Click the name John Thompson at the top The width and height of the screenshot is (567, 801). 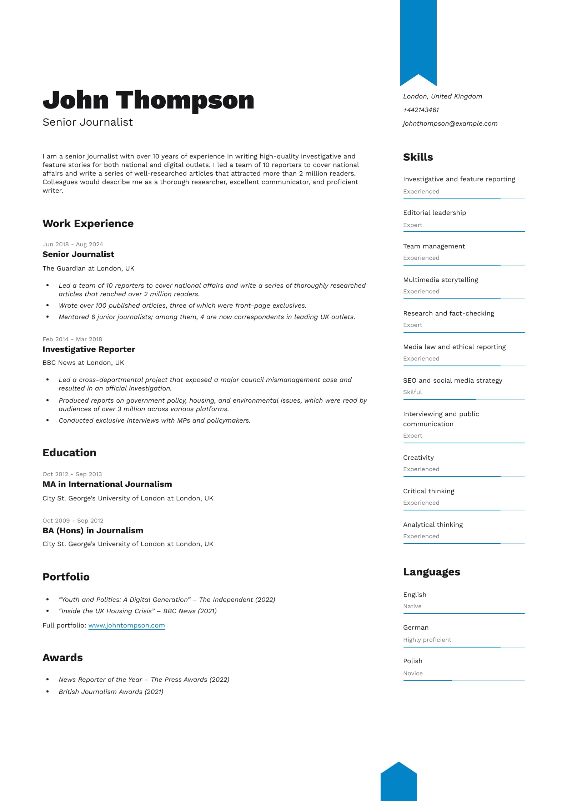(x=148, y=100)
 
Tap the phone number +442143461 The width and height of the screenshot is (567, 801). (x=421, y=110)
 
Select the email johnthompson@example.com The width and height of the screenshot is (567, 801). (x=450, y=124)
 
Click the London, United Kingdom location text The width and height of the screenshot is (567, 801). (x=442, y=96)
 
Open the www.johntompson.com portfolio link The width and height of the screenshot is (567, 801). (x=126, y=625)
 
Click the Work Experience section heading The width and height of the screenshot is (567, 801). (x=88, y=223)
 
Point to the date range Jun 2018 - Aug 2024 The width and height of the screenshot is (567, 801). (x=72, y=244)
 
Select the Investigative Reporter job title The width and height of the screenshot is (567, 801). (x=89, y=349)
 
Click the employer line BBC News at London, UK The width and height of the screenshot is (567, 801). (x=83, y=363)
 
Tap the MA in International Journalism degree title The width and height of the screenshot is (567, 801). (x=107, y=484)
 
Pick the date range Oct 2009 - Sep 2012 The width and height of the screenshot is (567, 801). (x=73, y=520)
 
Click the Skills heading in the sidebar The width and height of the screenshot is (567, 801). (x=418, y=157)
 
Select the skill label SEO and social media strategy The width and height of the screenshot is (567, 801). (x=452, y=381)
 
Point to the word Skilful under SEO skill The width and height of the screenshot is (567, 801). (x=412, y=392)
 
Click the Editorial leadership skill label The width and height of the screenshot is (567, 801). (x=434, y=213)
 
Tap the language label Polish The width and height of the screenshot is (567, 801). (x=412, y=661)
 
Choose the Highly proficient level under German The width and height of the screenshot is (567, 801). (x=427, y=640)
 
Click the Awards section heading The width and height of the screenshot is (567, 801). (x=62, y=658)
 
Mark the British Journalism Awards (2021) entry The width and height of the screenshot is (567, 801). (x=111, y=692)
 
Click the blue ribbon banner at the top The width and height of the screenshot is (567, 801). (x=418, y=39)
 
